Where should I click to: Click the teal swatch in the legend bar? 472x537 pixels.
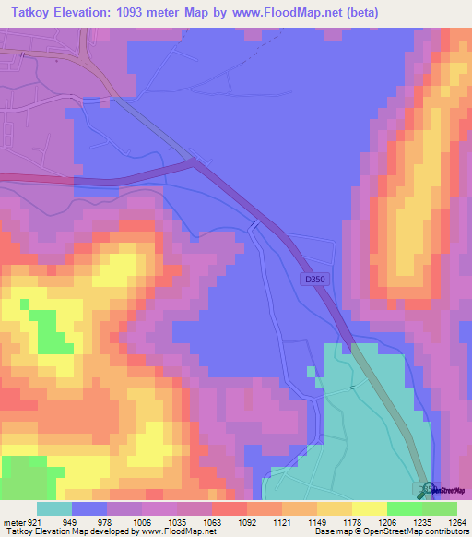pos(53,508)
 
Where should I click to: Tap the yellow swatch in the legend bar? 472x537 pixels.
pos(369,508)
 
